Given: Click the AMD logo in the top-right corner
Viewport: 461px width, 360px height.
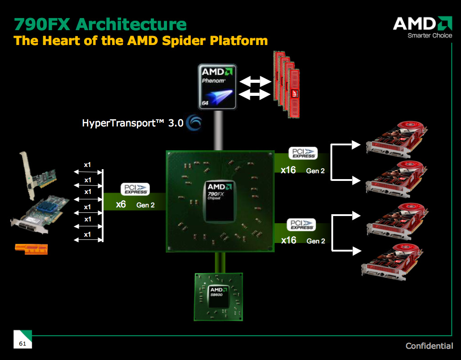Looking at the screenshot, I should (422, 23).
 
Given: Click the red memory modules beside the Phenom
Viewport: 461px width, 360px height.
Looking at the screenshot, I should (286, 80).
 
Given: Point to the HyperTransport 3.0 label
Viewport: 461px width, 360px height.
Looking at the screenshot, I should (133, 123).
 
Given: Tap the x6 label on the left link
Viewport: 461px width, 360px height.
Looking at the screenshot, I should (121, 204).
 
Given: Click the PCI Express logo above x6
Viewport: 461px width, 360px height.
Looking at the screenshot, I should (135, 189).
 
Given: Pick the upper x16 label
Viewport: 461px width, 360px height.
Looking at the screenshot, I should (288, 170).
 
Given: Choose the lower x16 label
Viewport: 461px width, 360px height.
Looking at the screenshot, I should (289, 240).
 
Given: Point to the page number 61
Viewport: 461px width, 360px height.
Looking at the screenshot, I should (22, 344).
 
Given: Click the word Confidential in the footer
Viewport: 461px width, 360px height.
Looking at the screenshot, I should (429, 346).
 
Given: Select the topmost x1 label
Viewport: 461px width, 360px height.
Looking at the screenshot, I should (87, 165).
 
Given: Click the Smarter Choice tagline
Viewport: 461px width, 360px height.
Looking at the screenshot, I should (429, 36).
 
